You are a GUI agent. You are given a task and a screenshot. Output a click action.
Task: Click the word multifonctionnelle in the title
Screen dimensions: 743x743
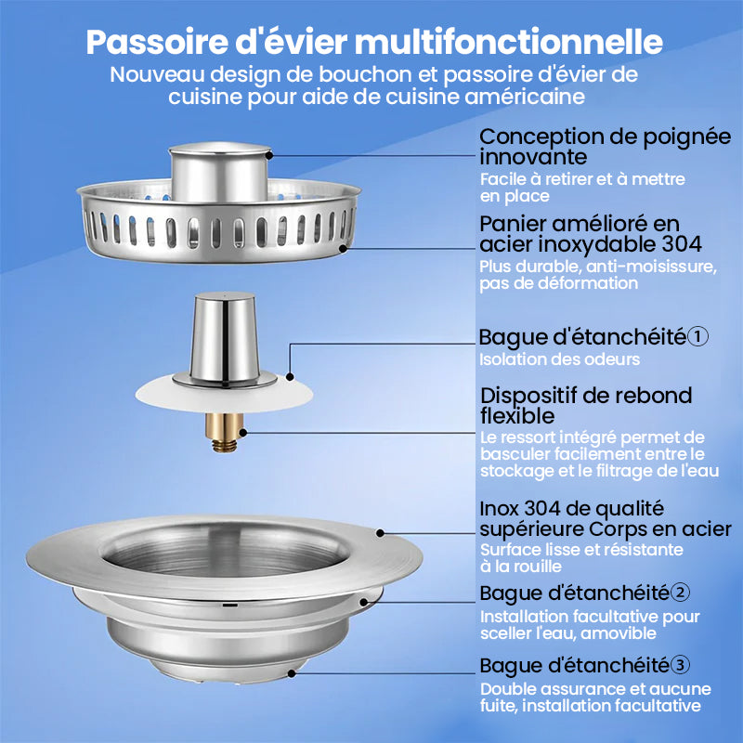point(508,42)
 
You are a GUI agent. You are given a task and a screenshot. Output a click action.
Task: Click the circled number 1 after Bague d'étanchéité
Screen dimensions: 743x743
point(697,336)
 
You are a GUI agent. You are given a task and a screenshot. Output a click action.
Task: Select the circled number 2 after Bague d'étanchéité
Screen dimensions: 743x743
point(681,593)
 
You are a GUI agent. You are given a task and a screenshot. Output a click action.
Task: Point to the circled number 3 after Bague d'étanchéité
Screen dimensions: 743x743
point(681,665)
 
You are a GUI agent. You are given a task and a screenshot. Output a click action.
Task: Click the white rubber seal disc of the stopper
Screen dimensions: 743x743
point(224,393)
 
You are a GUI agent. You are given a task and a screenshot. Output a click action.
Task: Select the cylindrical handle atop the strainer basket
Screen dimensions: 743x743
point(220,172)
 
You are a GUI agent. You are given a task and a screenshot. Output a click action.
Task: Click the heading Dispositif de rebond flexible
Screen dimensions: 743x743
point(586,406)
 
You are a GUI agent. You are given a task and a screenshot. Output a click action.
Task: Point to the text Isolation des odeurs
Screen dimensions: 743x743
point(559,359)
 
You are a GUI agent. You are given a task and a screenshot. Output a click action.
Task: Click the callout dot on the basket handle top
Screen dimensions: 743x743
point(268,155)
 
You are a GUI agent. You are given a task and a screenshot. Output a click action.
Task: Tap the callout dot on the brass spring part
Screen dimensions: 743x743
point(242,432)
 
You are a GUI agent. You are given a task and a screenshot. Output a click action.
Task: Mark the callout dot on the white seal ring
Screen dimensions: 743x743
point(290,377)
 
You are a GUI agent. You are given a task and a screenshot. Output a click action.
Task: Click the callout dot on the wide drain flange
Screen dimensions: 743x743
point(380,533)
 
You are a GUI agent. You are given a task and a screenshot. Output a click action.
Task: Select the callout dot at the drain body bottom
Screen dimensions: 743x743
point(292,672)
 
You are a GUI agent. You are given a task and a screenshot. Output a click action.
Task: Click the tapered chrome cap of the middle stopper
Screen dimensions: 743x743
point(224,337)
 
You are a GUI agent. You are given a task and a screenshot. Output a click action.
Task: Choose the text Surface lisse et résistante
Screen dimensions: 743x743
point(581,550)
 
